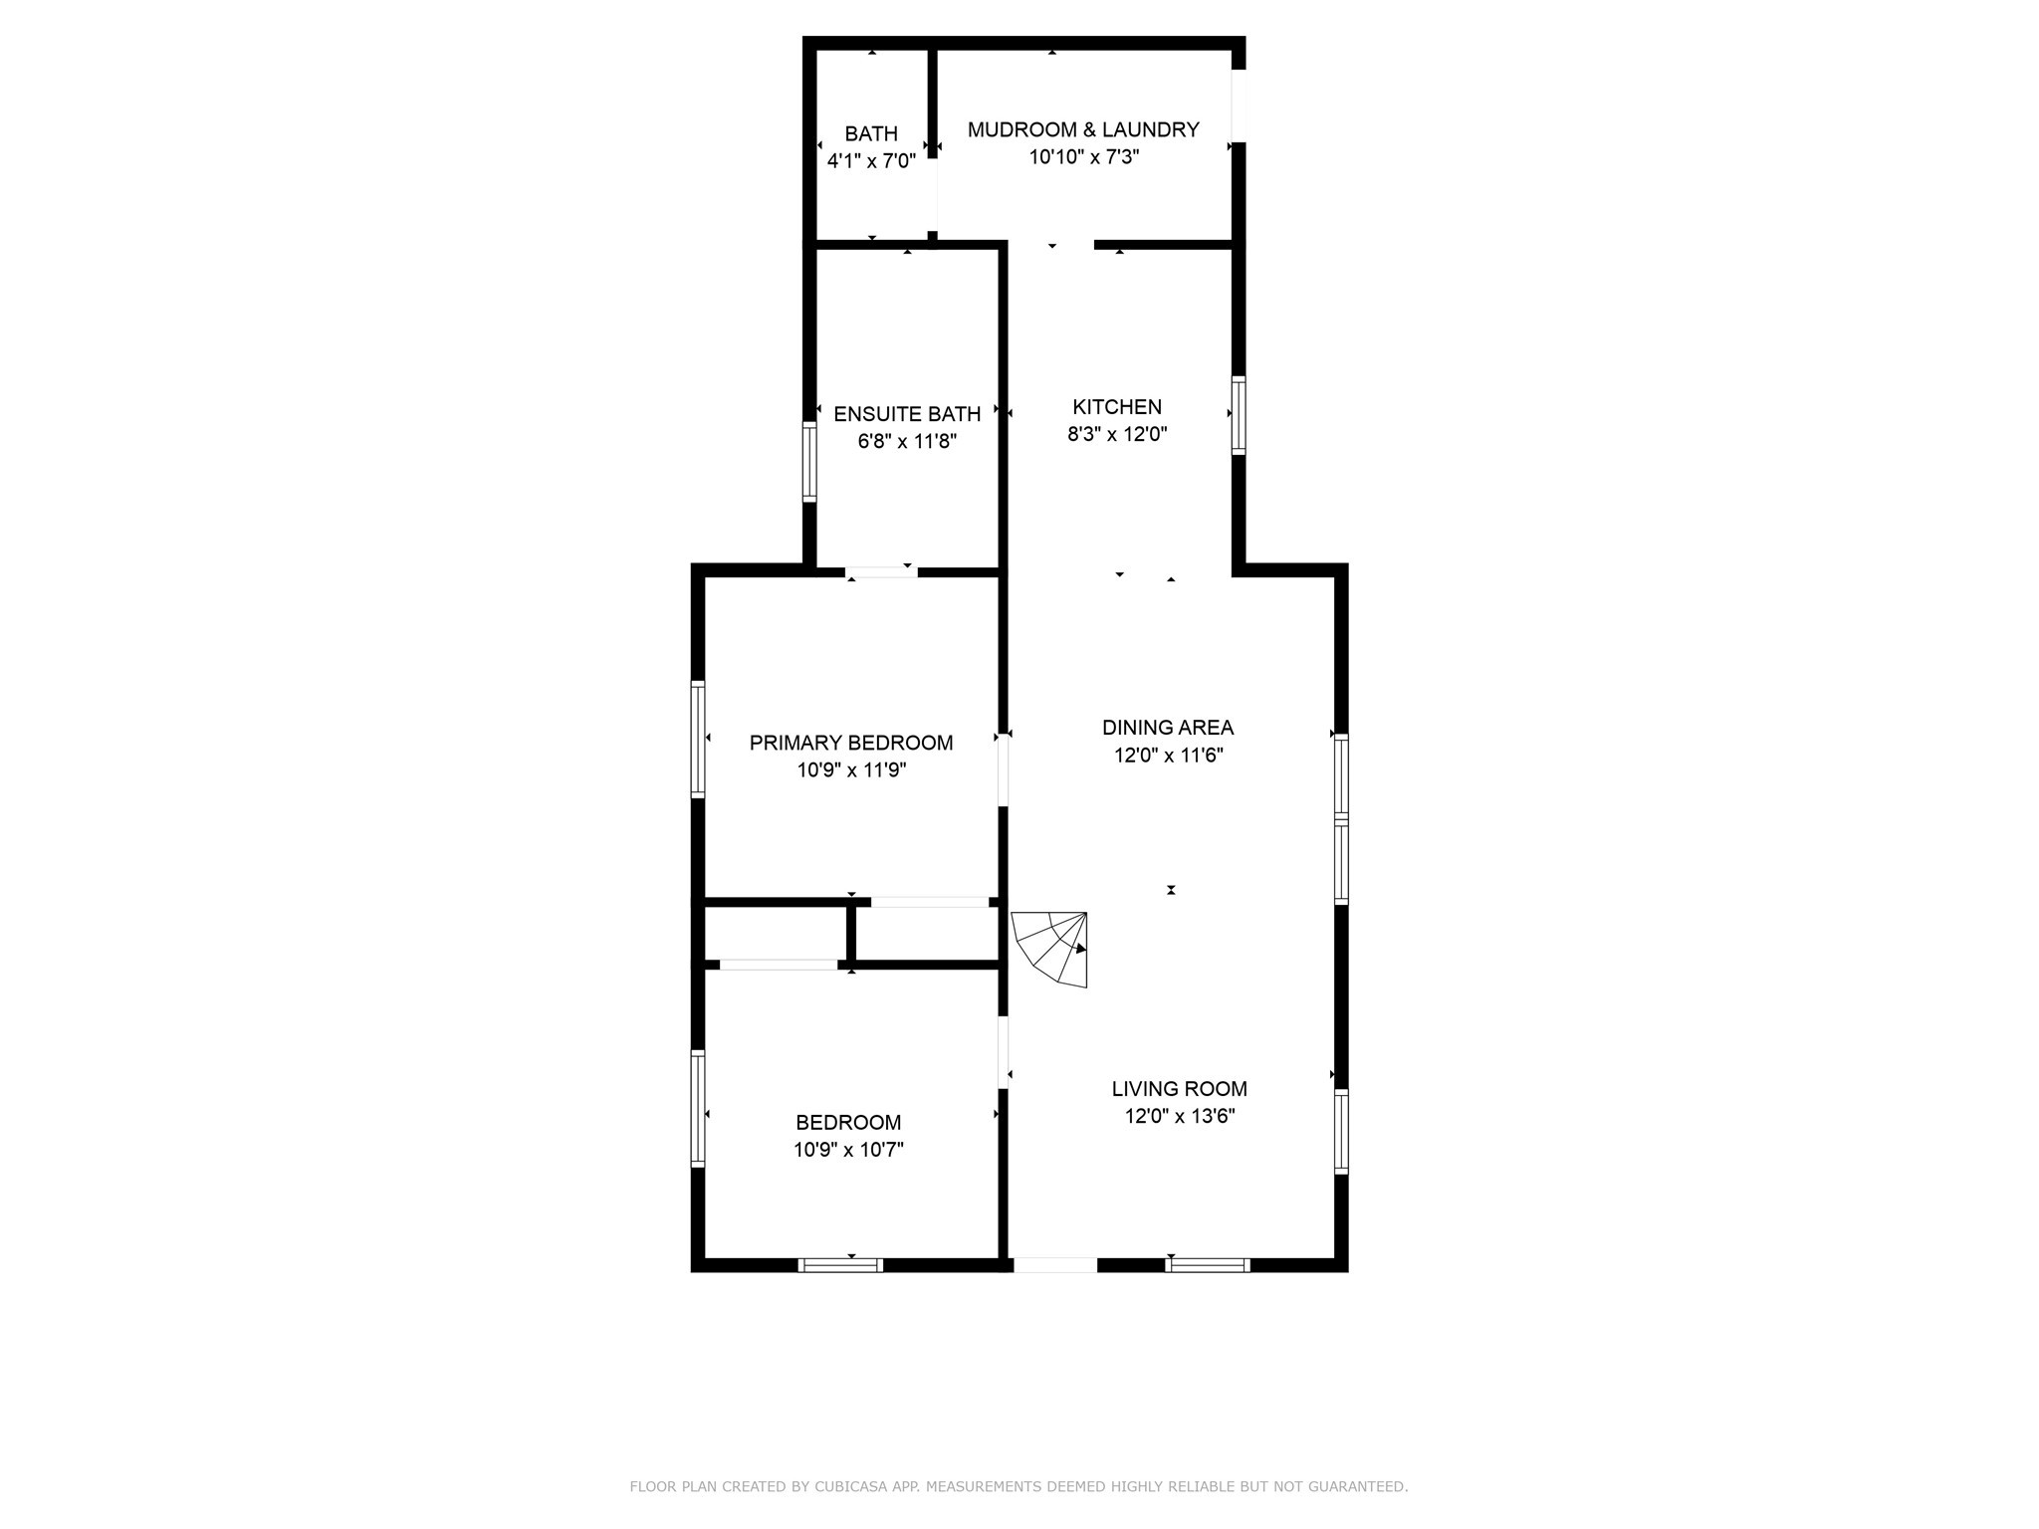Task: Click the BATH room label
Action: [871, 133]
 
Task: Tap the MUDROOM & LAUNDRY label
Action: [1083, 129]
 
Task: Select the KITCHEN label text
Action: [1117, 407]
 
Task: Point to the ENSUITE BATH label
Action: [907, 414]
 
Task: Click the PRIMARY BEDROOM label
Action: [851, 743]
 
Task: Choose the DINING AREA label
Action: [1168, 728]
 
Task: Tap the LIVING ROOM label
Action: [1180, 1089]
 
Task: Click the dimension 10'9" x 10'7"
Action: [848, 1151]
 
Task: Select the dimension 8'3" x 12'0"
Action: [1117, 435]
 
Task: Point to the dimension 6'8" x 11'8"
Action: [907, 442]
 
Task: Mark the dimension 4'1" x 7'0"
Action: [871, 161]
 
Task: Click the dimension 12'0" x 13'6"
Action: [1180, 1117]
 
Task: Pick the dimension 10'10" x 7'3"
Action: [1083, 157]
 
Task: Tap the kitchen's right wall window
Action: [1239, 415]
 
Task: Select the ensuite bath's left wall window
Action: [809, 462]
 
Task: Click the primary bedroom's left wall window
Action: [698, 739]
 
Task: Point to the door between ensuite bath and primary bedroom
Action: [881, 571]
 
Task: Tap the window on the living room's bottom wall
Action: [1207, 1265]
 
